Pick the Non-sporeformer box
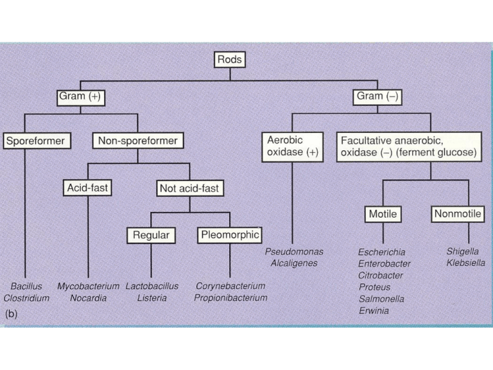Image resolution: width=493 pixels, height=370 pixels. pos(137,140)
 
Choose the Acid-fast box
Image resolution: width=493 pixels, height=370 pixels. pos(88,188)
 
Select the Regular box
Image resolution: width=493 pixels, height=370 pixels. pos(151,235)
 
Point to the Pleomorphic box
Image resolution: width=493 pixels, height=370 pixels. pos(229,235)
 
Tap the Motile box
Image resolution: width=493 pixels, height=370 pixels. pos(383,214)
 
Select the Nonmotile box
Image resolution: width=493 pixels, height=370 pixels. pos(459,214)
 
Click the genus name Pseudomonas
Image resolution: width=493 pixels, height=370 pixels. pos(294,252)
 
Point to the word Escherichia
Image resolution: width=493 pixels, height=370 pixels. pos(381,252)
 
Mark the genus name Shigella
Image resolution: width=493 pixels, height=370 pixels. pos(463,252)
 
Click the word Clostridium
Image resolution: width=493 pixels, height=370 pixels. pos(26,298)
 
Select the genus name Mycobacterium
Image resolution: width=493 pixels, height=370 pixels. pos(88,286)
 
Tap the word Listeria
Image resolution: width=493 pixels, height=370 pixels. pos(151,298)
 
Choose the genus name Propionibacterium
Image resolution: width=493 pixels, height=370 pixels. pos(230,298)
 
